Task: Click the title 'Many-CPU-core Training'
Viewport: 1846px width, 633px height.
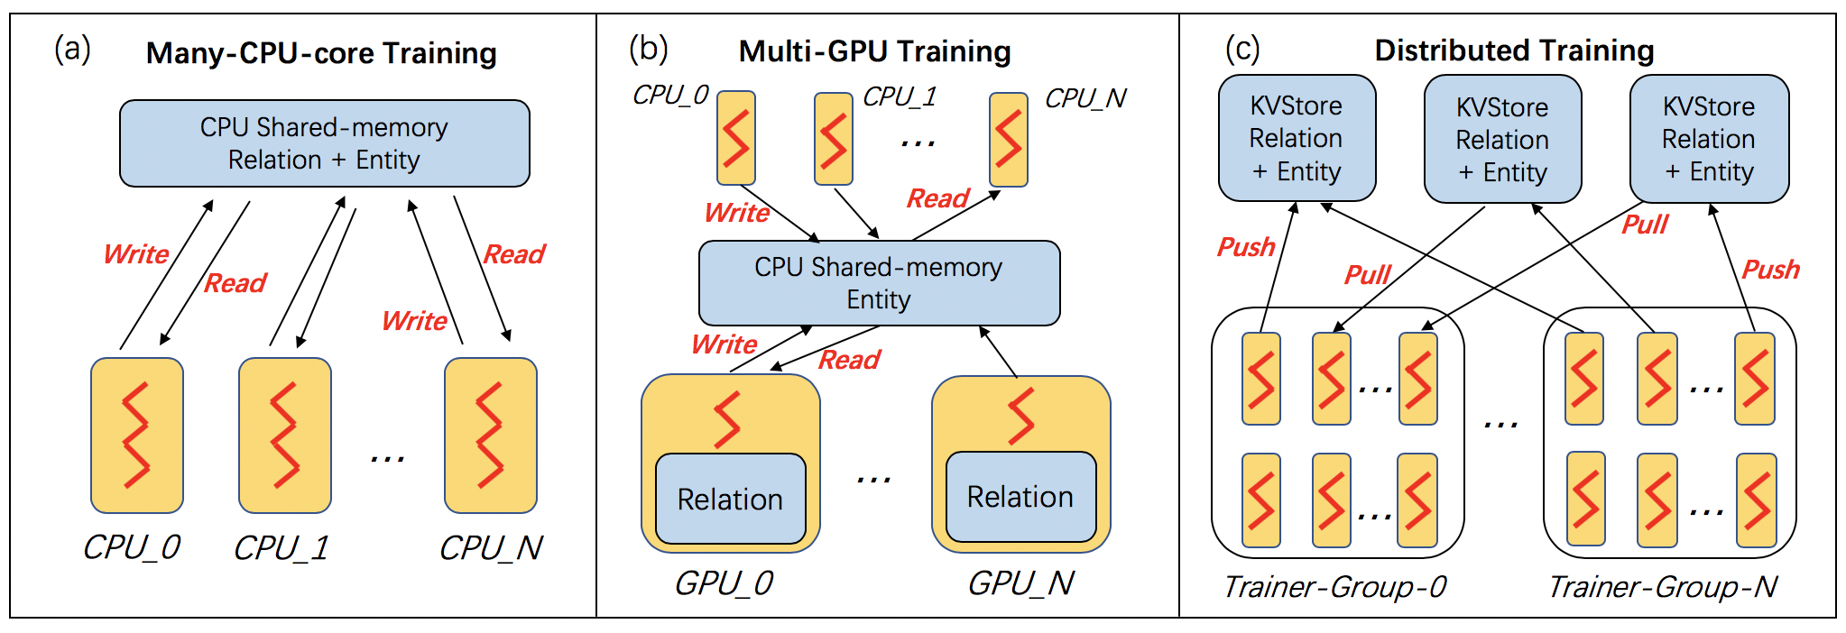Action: [321, 53]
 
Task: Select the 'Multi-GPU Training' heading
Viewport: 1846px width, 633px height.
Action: [874, 51]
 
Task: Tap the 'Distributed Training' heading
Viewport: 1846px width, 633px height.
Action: [1514, 50]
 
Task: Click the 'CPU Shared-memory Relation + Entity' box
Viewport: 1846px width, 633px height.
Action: [325, 143]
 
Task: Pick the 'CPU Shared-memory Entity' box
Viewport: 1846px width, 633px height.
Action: [879, 283]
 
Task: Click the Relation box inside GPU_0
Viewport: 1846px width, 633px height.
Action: [731, 499]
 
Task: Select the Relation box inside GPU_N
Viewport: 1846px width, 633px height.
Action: [1020, 497]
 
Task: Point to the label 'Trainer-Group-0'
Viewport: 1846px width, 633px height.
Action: [1334, 587]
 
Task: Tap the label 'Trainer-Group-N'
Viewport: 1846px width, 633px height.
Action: [1662, 587]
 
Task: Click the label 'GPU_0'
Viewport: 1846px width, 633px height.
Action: [724, 583]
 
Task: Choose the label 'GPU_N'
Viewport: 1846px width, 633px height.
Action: [1020, 583]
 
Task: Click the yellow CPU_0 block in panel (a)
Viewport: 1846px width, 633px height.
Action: [137, 436]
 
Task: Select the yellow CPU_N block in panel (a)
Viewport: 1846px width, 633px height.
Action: [491, 436]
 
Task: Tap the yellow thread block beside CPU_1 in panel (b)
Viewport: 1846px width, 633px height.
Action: [834, 139]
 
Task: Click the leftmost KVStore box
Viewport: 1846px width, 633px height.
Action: [1297, 138]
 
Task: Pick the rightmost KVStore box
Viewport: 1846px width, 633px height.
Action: [1709, 139]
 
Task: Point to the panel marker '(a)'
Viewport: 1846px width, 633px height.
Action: [72, 49]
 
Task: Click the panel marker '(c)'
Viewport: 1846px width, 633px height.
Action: [1242, 49]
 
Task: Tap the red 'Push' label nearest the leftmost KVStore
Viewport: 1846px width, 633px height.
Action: [1246, 247]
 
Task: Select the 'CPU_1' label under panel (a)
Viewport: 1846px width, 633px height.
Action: [281, 548]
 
